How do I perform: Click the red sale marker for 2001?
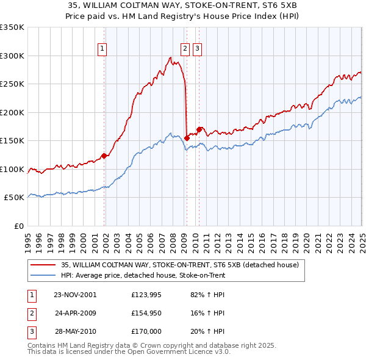tap(104, 156)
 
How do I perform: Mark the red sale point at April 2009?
tap(187, 138)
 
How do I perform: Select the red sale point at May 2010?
tap(199, 129)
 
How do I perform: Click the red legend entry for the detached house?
tap(180, 265)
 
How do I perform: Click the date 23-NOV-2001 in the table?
tap(75, 295)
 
